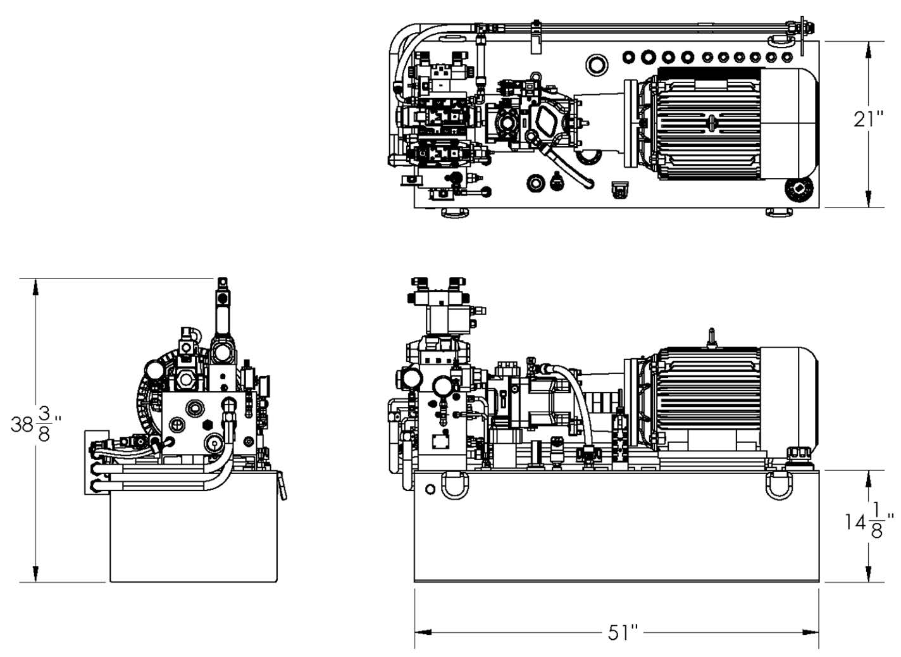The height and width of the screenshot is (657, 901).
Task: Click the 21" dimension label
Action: (x=868, y=119)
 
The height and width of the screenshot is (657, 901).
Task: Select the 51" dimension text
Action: (x=623, y=632)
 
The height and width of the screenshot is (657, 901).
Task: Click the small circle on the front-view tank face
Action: (x=431, y=489)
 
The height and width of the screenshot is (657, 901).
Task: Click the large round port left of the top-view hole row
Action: (x=597, y=64)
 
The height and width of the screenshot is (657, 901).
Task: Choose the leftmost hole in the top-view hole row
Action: (x=628, y=57)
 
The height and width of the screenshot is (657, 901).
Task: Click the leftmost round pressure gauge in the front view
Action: (x=411, y=379)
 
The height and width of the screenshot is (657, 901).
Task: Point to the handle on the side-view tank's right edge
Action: (x=282, y=487)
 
